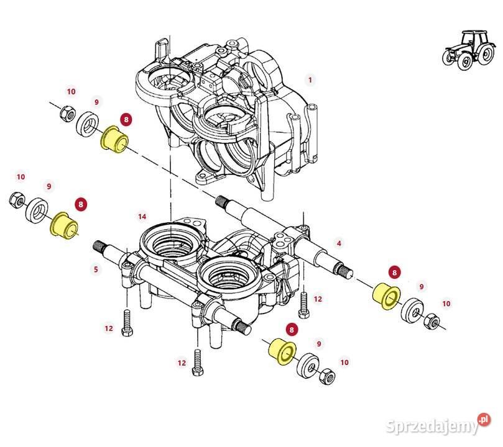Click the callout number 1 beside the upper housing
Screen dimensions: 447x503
pyautogui.click(x=310, y=79)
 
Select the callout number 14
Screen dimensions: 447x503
pyautogui.click(x=142, y=216)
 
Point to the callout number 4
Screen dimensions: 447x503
pyautogui.click(x=338, y=243)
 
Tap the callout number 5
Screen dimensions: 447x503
pyautogui.click(x=96, y=269)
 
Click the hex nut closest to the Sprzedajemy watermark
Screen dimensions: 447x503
pyautogui.click(x=325, y=376)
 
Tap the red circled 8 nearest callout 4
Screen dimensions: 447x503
pyautogui.click(x=393, y=271)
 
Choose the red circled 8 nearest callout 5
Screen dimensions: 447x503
pyautogui.click(x=81, y=203)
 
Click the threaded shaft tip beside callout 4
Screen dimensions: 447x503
pyautogui.click(x=343, y=271)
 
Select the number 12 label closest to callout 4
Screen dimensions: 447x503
pyautogui.click(x=318, y=299)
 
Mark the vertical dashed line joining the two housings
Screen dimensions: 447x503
pyautogui.click(x=169, y=186)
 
